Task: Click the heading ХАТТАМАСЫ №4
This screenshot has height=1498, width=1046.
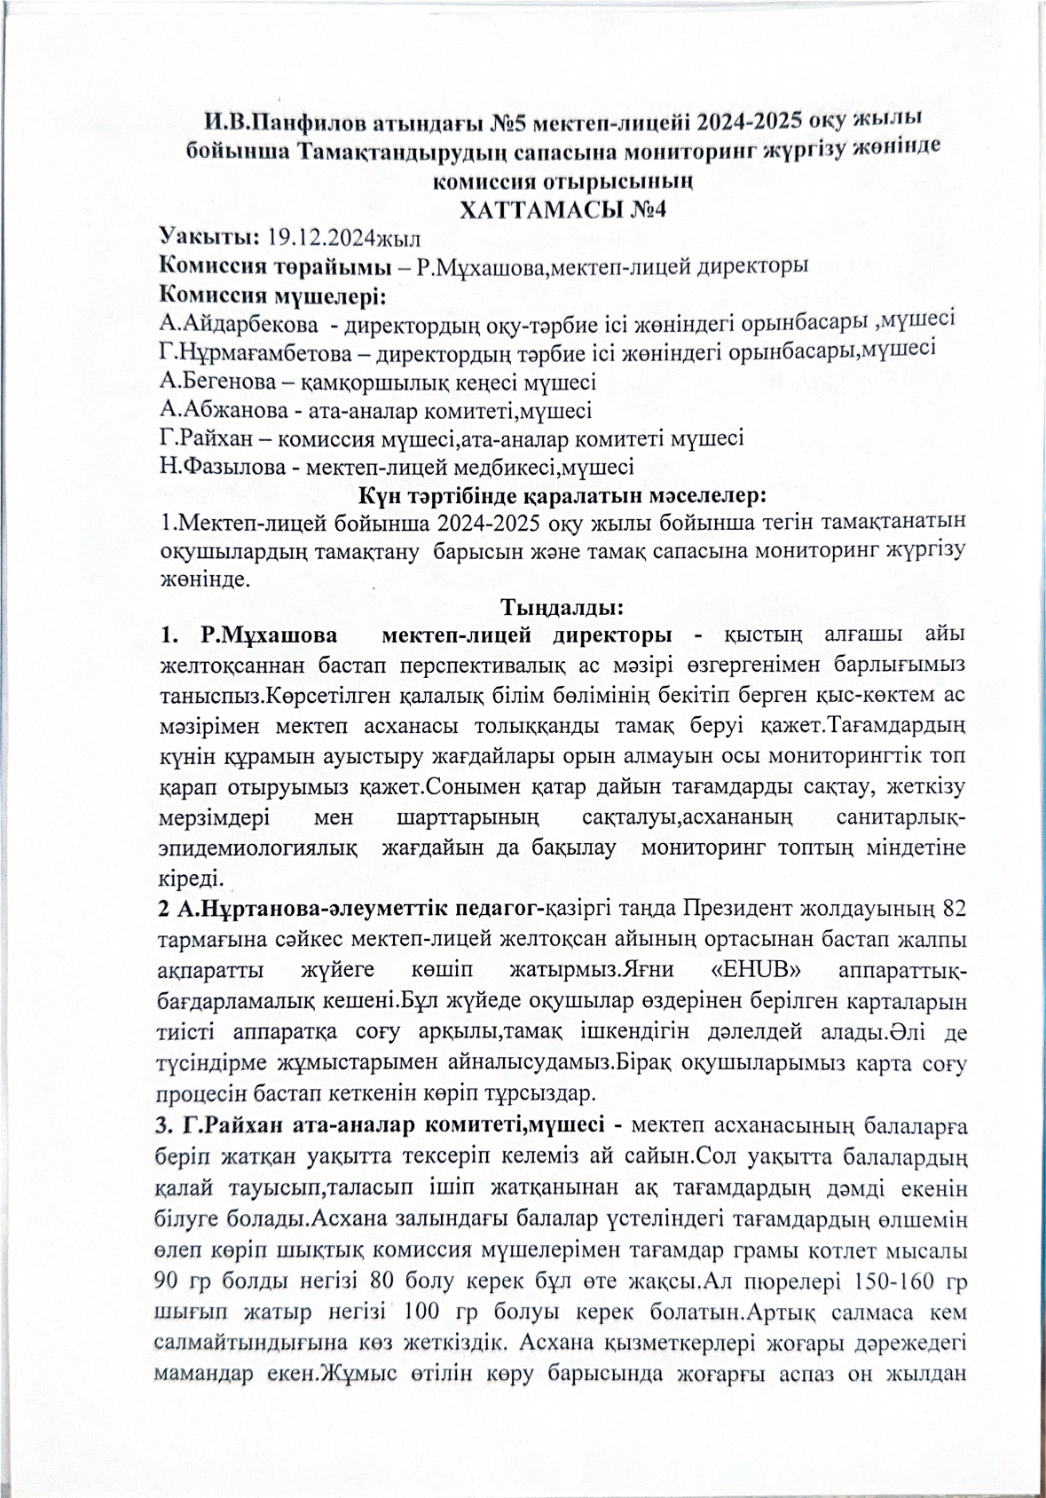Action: point(560,210)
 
